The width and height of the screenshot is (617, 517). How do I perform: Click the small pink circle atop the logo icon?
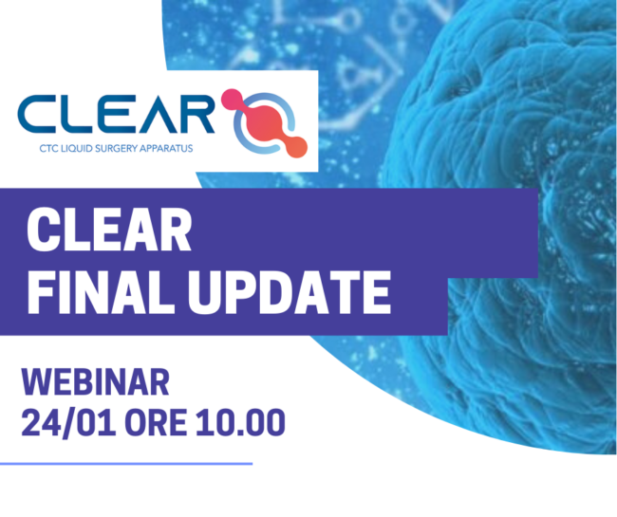(231, 98)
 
